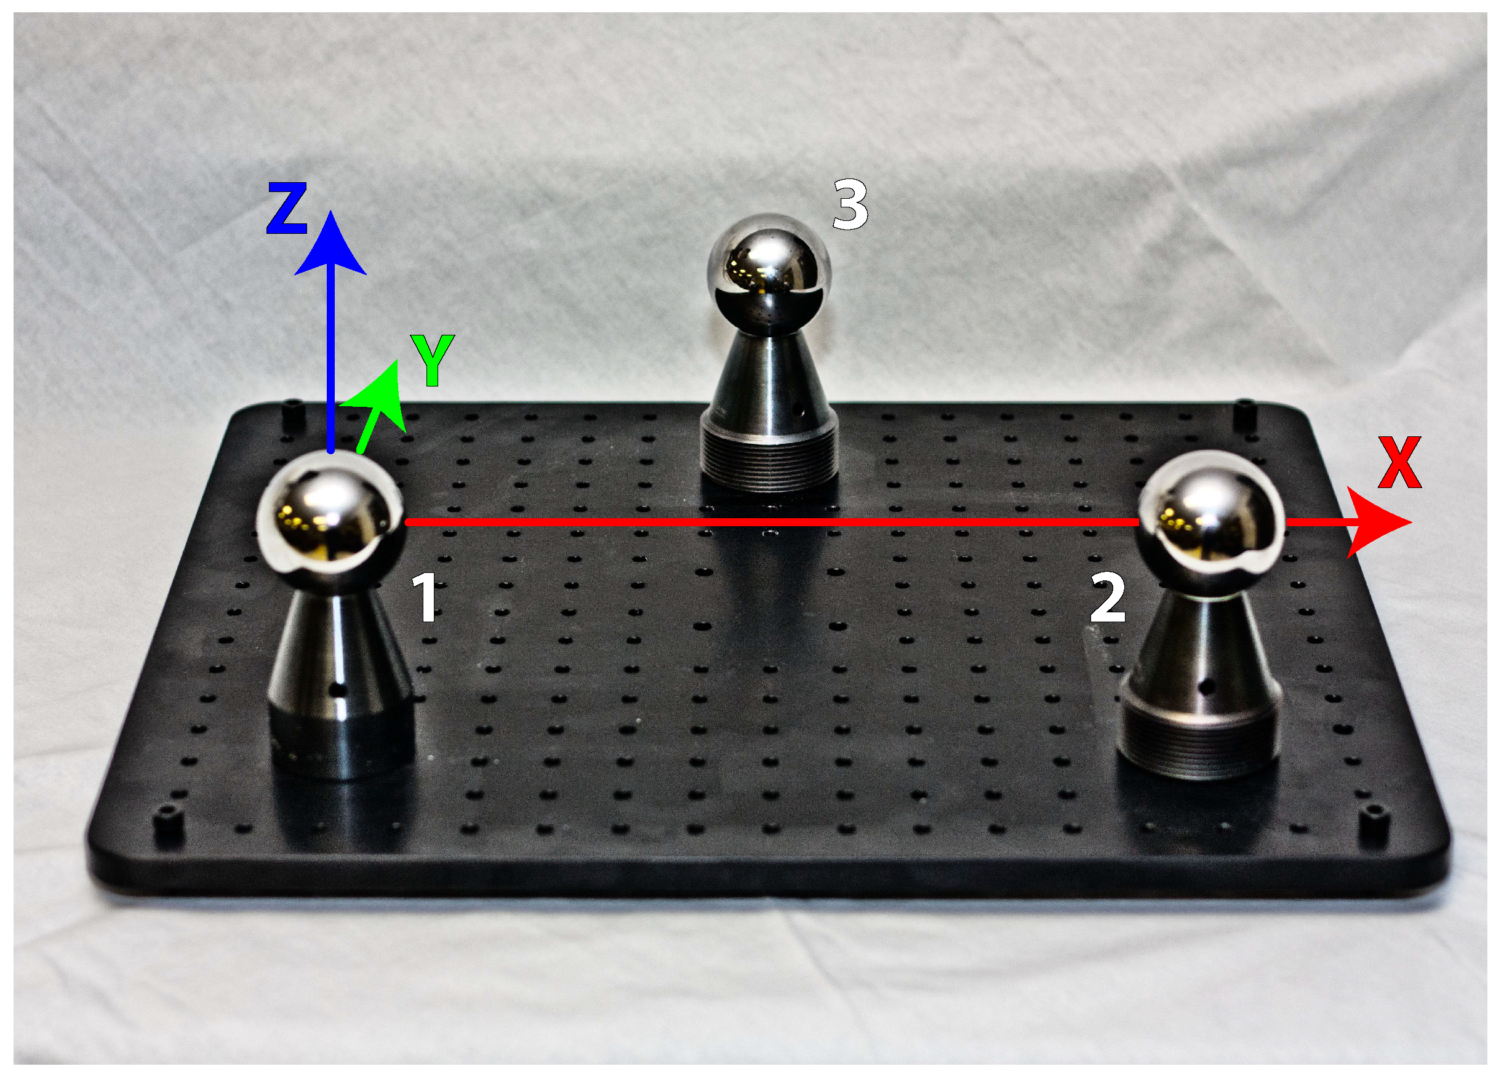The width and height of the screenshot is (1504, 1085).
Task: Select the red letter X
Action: click(x=1399, y=462)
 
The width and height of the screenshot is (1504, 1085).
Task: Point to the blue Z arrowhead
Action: click(x=330, y=246)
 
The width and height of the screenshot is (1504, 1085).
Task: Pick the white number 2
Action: click(x=1108, y=598)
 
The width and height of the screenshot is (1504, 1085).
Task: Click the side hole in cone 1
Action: click(x=340, y=691)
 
